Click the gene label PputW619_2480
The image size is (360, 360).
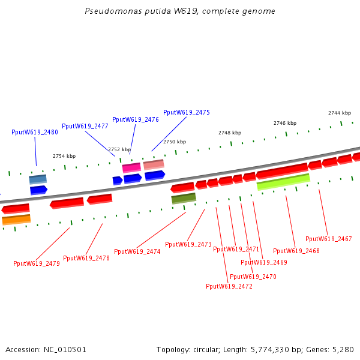pyautogui.click(x=35, y=132)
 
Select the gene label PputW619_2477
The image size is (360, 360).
pyautogui.click(x=85, y=127)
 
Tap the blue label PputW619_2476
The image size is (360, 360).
pyautogui.click(x=136, y=119)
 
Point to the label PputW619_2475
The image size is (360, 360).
pyautogui.click(x=187, y=112)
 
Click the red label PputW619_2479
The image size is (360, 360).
pyautogui.click(x=37, y=263)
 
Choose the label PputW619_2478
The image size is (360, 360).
pyautogui.click(x=86, y=258)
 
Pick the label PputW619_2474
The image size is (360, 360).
pyautogui.click(x=137, y=251)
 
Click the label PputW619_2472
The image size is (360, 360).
pyautogui.click(x=229, y=286)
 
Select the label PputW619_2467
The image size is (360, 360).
pyautogui.click(x=329, y=239)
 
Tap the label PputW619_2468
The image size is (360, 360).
pyautogui.click(x=296, y=251)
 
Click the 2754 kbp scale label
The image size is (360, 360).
pyautogui.click(x=64, y=156)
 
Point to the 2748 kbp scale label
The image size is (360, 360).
pyautogui.click(x=230, y=133)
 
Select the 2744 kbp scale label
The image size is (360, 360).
pyautogui.click(x=340, y=113)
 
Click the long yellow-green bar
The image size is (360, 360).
pyautogui.click(x=283, y=182)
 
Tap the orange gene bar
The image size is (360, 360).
pyautogui.click(x=16, y=220)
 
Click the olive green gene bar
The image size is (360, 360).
pyautogui.click(x=184, y=198)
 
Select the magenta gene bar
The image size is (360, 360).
pyautogui.click(x=131, y=167)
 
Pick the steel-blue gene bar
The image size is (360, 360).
pyautogui.click(x=38, y=179)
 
